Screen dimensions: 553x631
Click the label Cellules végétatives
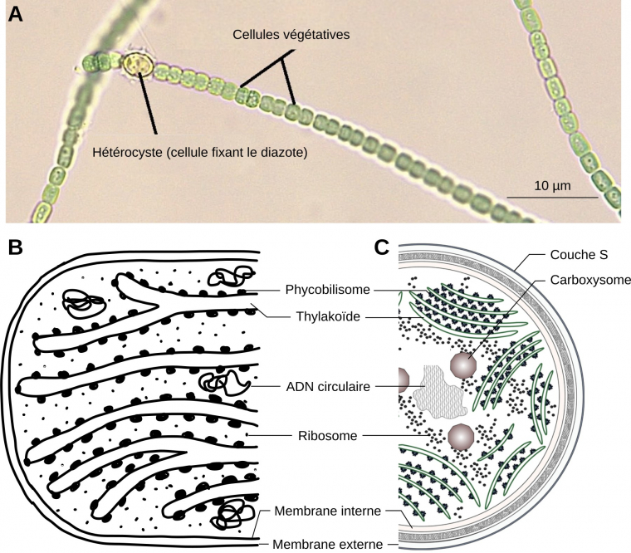pyautogui.click(x=291, y=36)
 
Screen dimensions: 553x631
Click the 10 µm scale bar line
pyautogui.click(x=551, y=197)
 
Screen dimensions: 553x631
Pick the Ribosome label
pyautogui.click(x=327, y=434)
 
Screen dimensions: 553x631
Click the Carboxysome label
pyautogui.click(x=590, y=280)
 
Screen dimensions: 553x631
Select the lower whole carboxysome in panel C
pyautogui.click(x=461, y=435)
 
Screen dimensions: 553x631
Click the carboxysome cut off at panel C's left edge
pyautogui.click(x=404, y=379)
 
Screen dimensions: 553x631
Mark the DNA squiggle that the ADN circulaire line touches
pyautogui.click(x=221, y=384)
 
